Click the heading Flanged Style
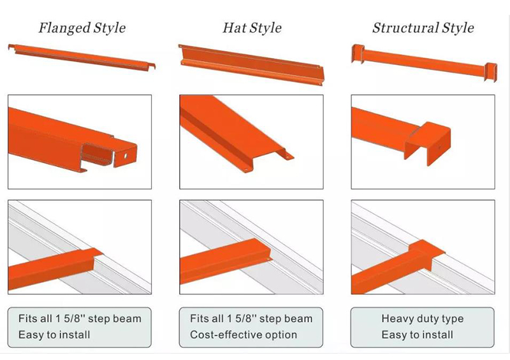(x=82, y=28)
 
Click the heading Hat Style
(x=252, y=28)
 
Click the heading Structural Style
(x=423, y=28)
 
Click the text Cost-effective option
(x=244, y=335)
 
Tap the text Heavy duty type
(x=423, y=319)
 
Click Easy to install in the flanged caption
(x=54, y=335)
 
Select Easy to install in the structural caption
(x=418, y=335)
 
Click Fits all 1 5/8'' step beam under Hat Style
(x=251, y=319)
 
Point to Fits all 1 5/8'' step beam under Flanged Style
(x=80, y=319)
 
